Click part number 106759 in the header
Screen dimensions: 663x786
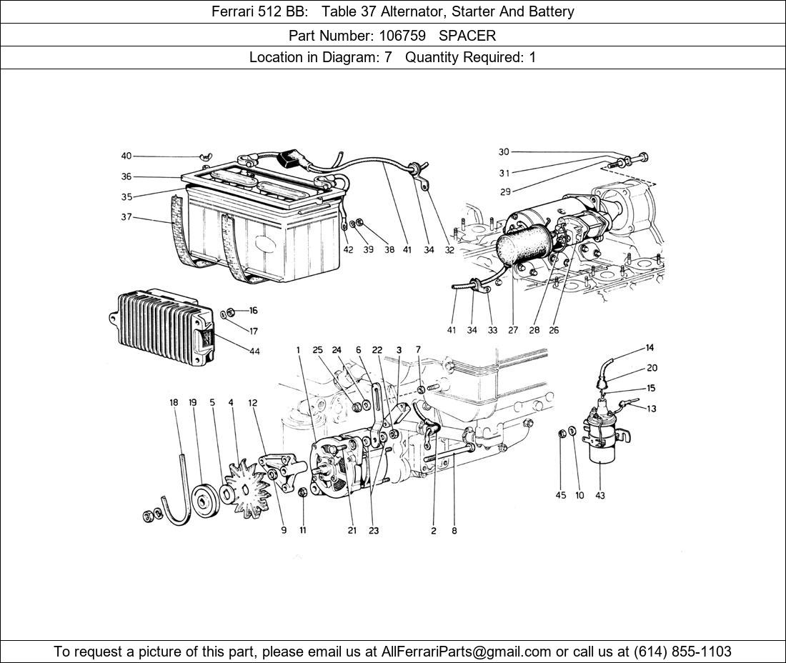click(408, 35)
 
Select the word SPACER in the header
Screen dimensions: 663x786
click(467, 35)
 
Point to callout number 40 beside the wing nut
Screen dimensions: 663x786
click(126, 156)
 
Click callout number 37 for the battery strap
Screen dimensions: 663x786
click(126, 217)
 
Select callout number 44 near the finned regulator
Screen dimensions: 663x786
click(254, 351)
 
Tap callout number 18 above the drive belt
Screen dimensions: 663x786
click(174, 403)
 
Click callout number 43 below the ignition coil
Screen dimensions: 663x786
click(600, 496)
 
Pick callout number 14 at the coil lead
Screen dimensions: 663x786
click(650, 348)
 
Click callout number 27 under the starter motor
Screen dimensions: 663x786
click(513, 330)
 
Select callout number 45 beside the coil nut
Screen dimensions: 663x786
click(561, 496)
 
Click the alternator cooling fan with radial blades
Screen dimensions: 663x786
click(246, 489)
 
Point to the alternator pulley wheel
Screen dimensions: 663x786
click(207, 498)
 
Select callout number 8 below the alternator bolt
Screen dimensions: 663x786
click(454, 531)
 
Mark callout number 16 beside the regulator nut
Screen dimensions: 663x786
click(254, 311)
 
